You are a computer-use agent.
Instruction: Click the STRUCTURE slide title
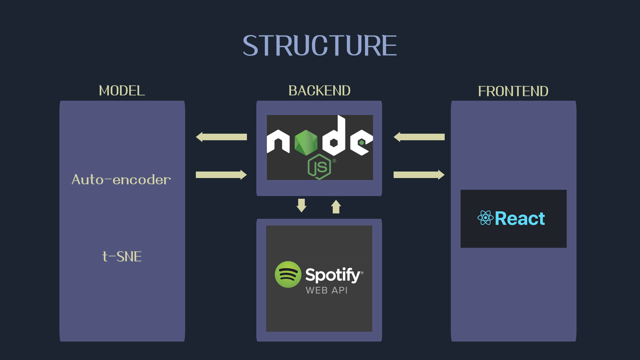[x=320, y=46]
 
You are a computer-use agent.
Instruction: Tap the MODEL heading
[x=122, y=91]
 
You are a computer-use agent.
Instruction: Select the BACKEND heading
[x=319, y=91]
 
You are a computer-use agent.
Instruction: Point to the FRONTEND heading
[x=513, y=92]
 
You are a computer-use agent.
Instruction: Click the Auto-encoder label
[x=121, y=180]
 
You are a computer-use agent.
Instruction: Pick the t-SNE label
[x=122, y=257]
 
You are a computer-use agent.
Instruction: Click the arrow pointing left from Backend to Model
[x=221, y=137]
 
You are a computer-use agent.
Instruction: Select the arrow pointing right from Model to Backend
[x=221, y=175]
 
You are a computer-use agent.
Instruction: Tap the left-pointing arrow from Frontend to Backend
[x=419, y=137]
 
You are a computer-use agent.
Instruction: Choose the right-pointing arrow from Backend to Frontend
[x=419, y=175]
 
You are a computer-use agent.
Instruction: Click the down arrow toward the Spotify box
[x=301, y=205]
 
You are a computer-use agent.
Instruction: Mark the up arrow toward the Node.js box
[x=336, y=207]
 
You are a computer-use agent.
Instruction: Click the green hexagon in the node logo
[x=306, y=143]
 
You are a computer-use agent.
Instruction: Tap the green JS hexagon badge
[x=319, y=167]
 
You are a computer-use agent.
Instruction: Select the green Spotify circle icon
[x=288, y=275]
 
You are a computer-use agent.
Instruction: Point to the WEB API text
[x=326, y=290]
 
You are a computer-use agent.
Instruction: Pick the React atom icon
[x=485, y=218]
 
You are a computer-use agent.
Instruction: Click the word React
[x=520, y=219]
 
